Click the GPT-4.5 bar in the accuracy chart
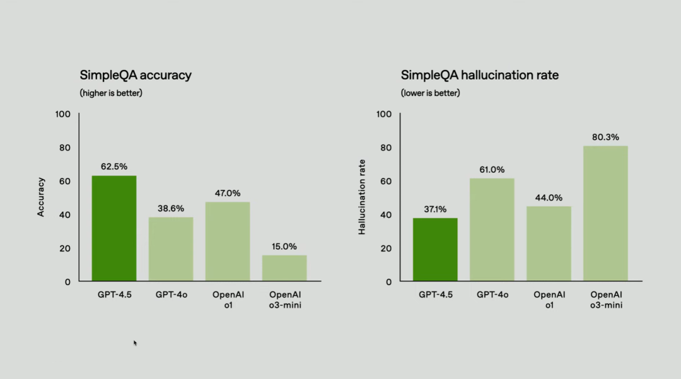click(114, 228)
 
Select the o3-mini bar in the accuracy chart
click(284, 268)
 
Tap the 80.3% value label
click(605, 137)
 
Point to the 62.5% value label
click(114, 166)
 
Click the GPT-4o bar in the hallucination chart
click(492, 230)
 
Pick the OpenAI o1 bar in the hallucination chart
click(549, 243)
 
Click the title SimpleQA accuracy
click(136, 76)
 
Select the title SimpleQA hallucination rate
click(480, 76)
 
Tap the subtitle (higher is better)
click(111, 93)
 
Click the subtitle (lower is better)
click(431, 93)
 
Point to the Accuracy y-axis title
click(41, 197)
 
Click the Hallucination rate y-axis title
click(363, 197)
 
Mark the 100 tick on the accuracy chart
click(63, 114)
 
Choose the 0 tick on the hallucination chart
click(388, 282)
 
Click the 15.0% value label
click(284, 247)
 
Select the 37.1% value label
click(435, 209)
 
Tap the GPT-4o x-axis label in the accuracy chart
click(171, 294)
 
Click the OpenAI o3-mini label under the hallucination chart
click(605, 299)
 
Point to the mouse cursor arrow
click(135, 343)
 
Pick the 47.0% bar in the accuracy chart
click(228, 242)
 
